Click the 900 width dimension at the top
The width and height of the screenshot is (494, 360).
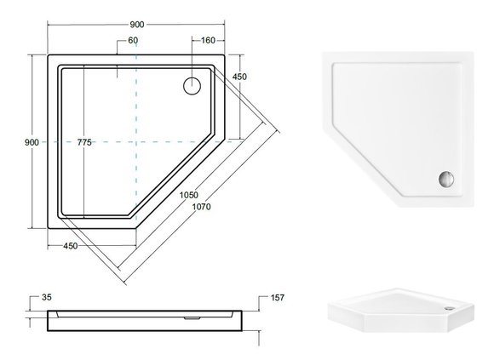tap(137, 25)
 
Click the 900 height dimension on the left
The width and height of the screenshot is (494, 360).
tap(32, 142)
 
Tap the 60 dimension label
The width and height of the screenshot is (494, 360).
tap(133, 40)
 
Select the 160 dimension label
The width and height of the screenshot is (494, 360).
tap(208, 40)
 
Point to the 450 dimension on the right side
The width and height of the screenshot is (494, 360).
tap(239, 77)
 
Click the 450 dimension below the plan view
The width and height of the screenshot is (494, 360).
tap(70, 246)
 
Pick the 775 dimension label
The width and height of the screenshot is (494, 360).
tap(84, 142)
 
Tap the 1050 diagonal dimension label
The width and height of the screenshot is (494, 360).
tap(189, 195)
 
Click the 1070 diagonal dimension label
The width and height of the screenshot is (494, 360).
tap(201, 207)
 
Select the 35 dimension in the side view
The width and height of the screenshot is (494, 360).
tap(47, 297)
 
